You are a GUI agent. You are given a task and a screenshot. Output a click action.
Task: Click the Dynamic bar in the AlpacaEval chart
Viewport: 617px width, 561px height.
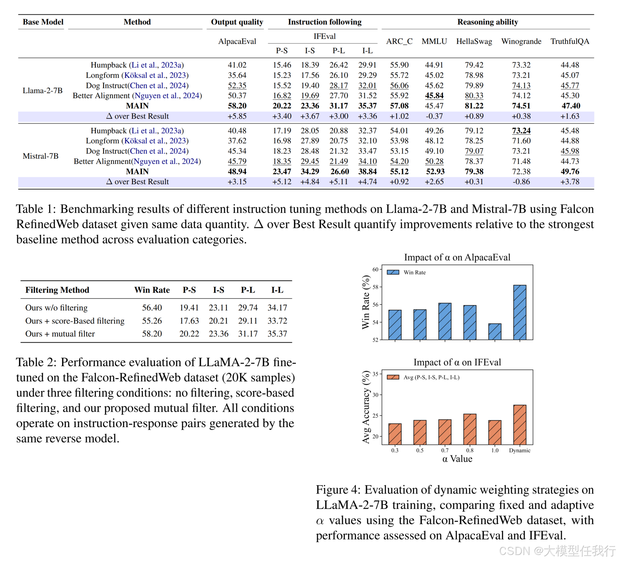pos(519,312)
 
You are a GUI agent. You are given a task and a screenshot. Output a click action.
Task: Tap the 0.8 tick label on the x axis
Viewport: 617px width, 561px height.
pos(470,450)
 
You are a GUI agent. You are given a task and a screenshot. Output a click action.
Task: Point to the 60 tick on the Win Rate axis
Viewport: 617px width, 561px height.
pos(375,269)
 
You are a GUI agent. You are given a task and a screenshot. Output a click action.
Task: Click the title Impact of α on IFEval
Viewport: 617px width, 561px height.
pos(457,362)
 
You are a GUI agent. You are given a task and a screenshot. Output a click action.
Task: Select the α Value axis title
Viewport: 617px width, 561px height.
pos(457,459)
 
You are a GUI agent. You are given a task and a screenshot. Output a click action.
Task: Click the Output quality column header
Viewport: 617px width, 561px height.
pos(237,22)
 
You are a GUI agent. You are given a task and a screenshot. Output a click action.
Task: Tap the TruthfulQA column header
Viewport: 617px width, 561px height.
pos(569,41)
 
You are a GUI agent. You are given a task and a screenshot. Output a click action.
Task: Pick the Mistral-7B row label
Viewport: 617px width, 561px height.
pos(40,156)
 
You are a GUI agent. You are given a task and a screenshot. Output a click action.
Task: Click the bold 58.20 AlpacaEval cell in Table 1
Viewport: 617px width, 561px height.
pos(237,106)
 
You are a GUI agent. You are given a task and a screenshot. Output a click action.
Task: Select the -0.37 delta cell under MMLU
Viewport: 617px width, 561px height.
pos(434,116)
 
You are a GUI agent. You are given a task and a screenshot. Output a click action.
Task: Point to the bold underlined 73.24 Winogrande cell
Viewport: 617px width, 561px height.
pos(521,131)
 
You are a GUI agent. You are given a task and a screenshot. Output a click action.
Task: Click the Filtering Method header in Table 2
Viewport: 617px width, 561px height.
pos(57,290)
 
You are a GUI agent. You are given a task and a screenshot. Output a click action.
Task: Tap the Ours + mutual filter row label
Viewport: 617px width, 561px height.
pos(60,334)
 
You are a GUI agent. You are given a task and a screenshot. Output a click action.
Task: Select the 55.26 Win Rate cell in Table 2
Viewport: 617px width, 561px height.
pos(152,321)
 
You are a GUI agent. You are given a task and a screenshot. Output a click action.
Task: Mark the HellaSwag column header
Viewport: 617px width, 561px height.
pos(474,41)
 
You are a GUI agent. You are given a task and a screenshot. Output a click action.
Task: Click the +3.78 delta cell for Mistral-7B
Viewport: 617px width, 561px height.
pos(569,182)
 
